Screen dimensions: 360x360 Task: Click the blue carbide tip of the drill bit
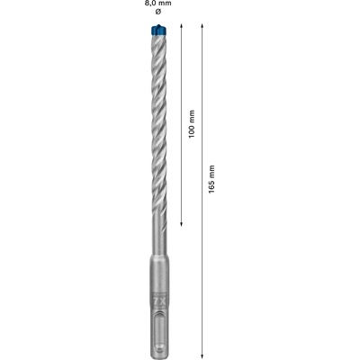click(x=158, y=30)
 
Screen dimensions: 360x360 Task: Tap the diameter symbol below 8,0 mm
click(x=158, y=12)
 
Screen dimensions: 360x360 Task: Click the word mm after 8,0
click(x=166, y=4)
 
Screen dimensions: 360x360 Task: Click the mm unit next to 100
click(x=192, y=117)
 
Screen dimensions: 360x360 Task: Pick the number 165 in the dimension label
click(x=211, y=187)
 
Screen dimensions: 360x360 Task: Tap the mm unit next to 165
click(x=211, y=172)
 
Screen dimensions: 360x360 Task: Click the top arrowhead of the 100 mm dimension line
click(x=181, y=26)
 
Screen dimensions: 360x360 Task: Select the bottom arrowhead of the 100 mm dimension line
click(x=181, y=224)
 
